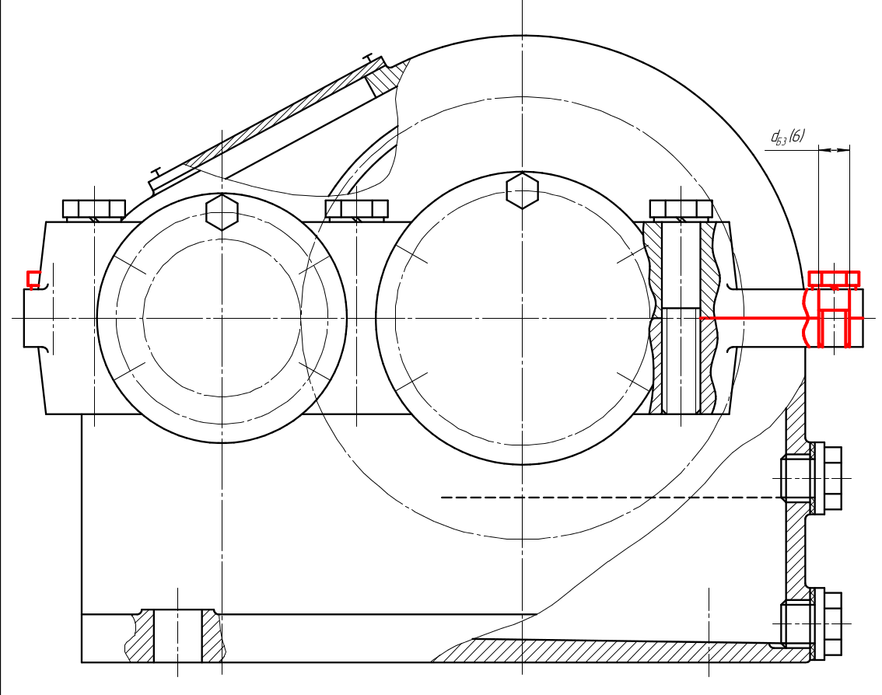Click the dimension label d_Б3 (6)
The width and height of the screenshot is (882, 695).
pyautogui.click(x=787, y=137)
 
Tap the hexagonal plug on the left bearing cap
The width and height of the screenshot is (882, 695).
pyautogui.click(x=222, y=212)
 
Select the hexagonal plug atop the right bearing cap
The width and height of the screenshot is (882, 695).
pyautogui.click(x=522, y=190)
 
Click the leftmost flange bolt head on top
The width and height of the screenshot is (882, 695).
pyautogui.click(x=94, y=209)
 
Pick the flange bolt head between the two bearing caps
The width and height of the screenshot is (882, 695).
pyautogui.click(x=357, y=209)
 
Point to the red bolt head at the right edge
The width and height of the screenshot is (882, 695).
pyautogui.click(x=835, y=279)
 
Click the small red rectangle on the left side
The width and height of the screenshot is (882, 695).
pyautogui.click(x=34, y=279)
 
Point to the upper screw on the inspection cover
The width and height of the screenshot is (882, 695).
pyautogui.click(x=369, y=58)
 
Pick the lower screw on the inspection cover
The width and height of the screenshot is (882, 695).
pyautogui.click(x=156, y=171)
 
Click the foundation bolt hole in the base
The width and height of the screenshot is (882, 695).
pyautogui.click(x=178, y=635)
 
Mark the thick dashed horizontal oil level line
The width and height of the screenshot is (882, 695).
pyautogui.click(x=613, y=498)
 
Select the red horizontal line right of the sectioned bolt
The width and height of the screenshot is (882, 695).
pyautogui.click(x=754, y=318)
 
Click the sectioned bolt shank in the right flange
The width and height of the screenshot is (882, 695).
pyautogui.click(x=681, y=318)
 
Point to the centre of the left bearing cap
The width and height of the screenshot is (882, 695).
pyautogui.click(x=222, y=318)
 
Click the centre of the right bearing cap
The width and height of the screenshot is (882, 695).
pyautogui.click(x=522, y=318)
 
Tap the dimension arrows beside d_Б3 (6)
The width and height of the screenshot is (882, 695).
pyautogui.click(x=835, y=149)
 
